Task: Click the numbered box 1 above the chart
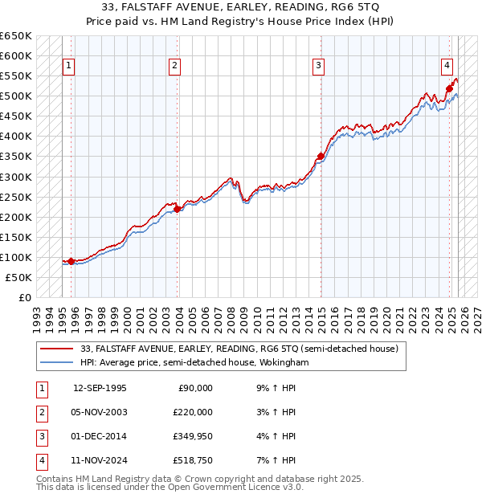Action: click(68, 66)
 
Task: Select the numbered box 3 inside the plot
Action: click(319, 66)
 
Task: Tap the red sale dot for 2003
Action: click(178, 209)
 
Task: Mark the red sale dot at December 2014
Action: click(321, 156)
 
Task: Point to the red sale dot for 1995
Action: click(71, 261)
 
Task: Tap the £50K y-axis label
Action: click(19, 277)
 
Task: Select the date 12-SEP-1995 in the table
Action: click(100, 388)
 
